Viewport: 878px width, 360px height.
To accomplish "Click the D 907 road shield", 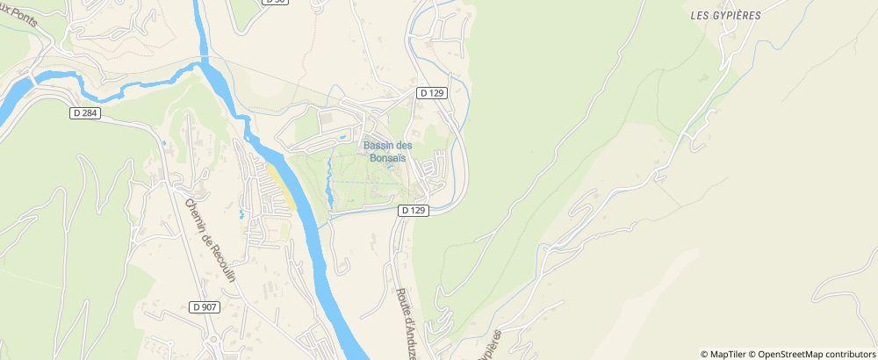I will [x=204, y=306].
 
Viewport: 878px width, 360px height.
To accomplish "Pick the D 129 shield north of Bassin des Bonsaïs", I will [x=433, y=93].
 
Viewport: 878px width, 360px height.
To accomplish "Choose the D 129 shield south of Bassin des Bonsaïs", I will [x=413, y=211].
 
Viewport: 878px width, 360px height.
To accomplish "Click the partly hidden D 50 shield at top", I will [x=275, y=2].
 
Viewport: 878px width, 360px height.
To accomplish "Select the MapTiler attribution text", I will [x=727, y=354].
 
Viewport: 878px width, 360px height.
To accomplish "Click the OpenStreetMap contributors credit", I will [x=816, y=354].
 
